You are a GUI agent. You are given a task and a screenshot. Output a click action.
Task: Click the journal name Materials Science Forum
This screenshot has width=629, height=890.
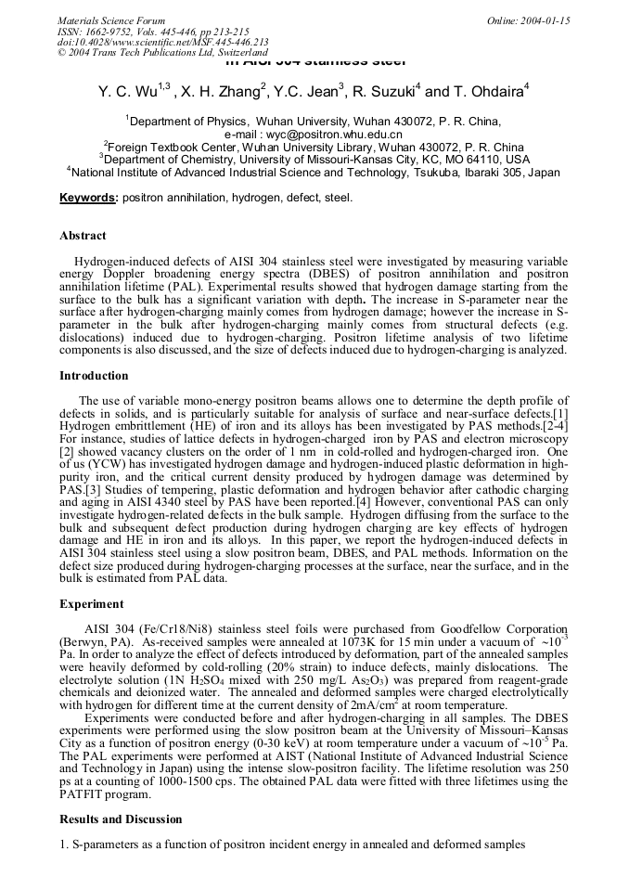click(111, 20)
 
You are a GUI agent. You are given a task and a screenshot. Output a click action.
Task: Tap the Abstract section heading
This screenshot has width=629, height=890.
click(83, 236)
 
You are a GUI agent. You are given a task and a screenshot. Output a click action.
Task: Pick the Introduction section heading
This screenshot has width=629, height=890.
click(94, 376)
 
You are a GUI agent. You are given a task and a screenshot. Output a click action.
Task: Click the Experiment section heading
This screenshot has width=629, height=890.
click(91, 603)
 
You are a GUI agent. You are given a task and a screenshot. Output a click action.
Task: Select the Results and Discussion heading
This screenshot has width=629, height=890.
click(121, 819)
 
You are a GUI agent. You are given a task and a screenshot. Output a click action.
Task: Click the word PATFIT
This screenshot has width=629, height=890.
click(83, 794)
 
